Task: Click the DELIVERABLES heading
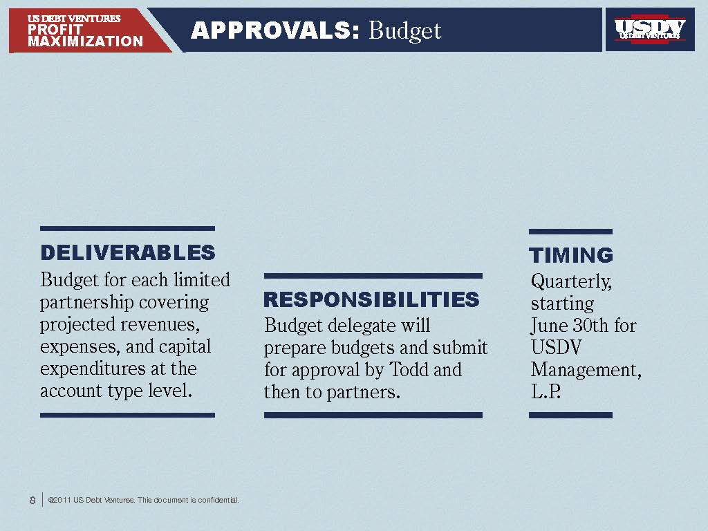tap(128, 253)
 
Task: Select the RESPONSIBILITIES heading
tap(371, 300)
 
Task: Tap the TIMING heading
tap(571, 256)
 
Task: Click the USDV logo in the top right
tap(650, 29)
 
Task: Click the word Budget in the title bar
tap(405, 30)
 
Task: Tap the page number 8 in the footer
tap(32, 500)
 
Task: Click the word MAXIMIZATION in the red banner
tap(86, 41)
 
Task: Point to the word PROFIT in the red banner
tap(55, 30)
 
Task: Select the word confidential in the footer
tap(218, 500)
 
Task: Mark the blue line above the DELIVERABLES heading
tap(127, 228)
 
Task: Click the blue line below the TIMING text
tap(570, 416)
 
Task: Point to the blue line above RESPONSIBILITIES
tap(373, 276)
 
